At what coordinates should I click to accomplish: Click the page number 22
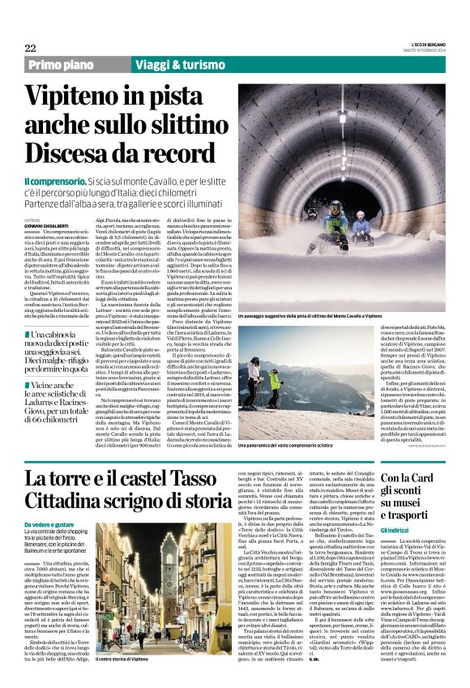30,49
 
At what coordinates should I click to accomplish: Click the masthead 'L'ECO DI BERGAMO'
427,45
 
